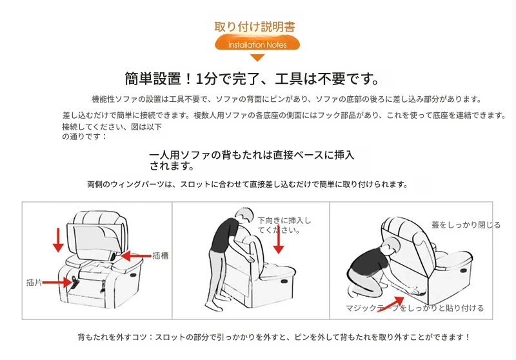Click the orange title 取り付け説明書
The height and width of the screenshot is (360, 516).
(x=254, y=26)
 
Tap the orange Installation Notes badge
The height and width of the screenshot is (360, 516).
(x=257, y=44)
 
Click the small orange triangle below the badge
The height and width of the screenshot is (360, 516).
(x=257, y=58)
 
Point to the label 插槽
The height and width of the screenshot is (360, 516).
(x=160, y=255)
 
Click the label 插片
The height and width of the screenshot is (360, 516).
(x=34, y=283)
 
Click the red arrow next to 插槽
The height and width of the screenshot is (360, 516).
(x=136, y=255)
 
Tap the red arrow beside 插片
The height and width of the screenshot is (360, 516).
(x=57, y=283)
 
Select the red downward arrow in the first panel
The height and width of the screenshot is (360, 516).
(x=58, y=240)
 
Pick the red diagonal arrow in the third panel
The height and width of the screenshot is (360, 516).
(x=391, y=303)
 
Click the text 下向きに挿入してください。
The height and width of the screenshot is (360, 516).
(x=284, y=225)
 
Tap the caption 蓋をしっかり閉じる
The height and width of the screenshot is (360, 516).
(x=466, y=225)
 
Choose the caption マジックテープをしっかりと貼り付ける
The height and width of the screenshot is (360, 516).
(x=415, y=308)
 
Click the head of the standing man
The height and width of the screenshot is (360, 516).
(x=244, y=216)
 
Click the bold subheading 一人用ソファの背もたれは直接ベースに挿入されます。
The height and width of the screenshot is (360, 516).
(x=252, y=160)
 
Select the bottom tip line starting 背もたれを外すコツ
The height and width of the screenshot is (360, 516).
(x=274, y=337)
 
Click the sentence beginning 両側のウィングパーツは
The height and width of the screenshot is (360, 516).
(x=248, y=185)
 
